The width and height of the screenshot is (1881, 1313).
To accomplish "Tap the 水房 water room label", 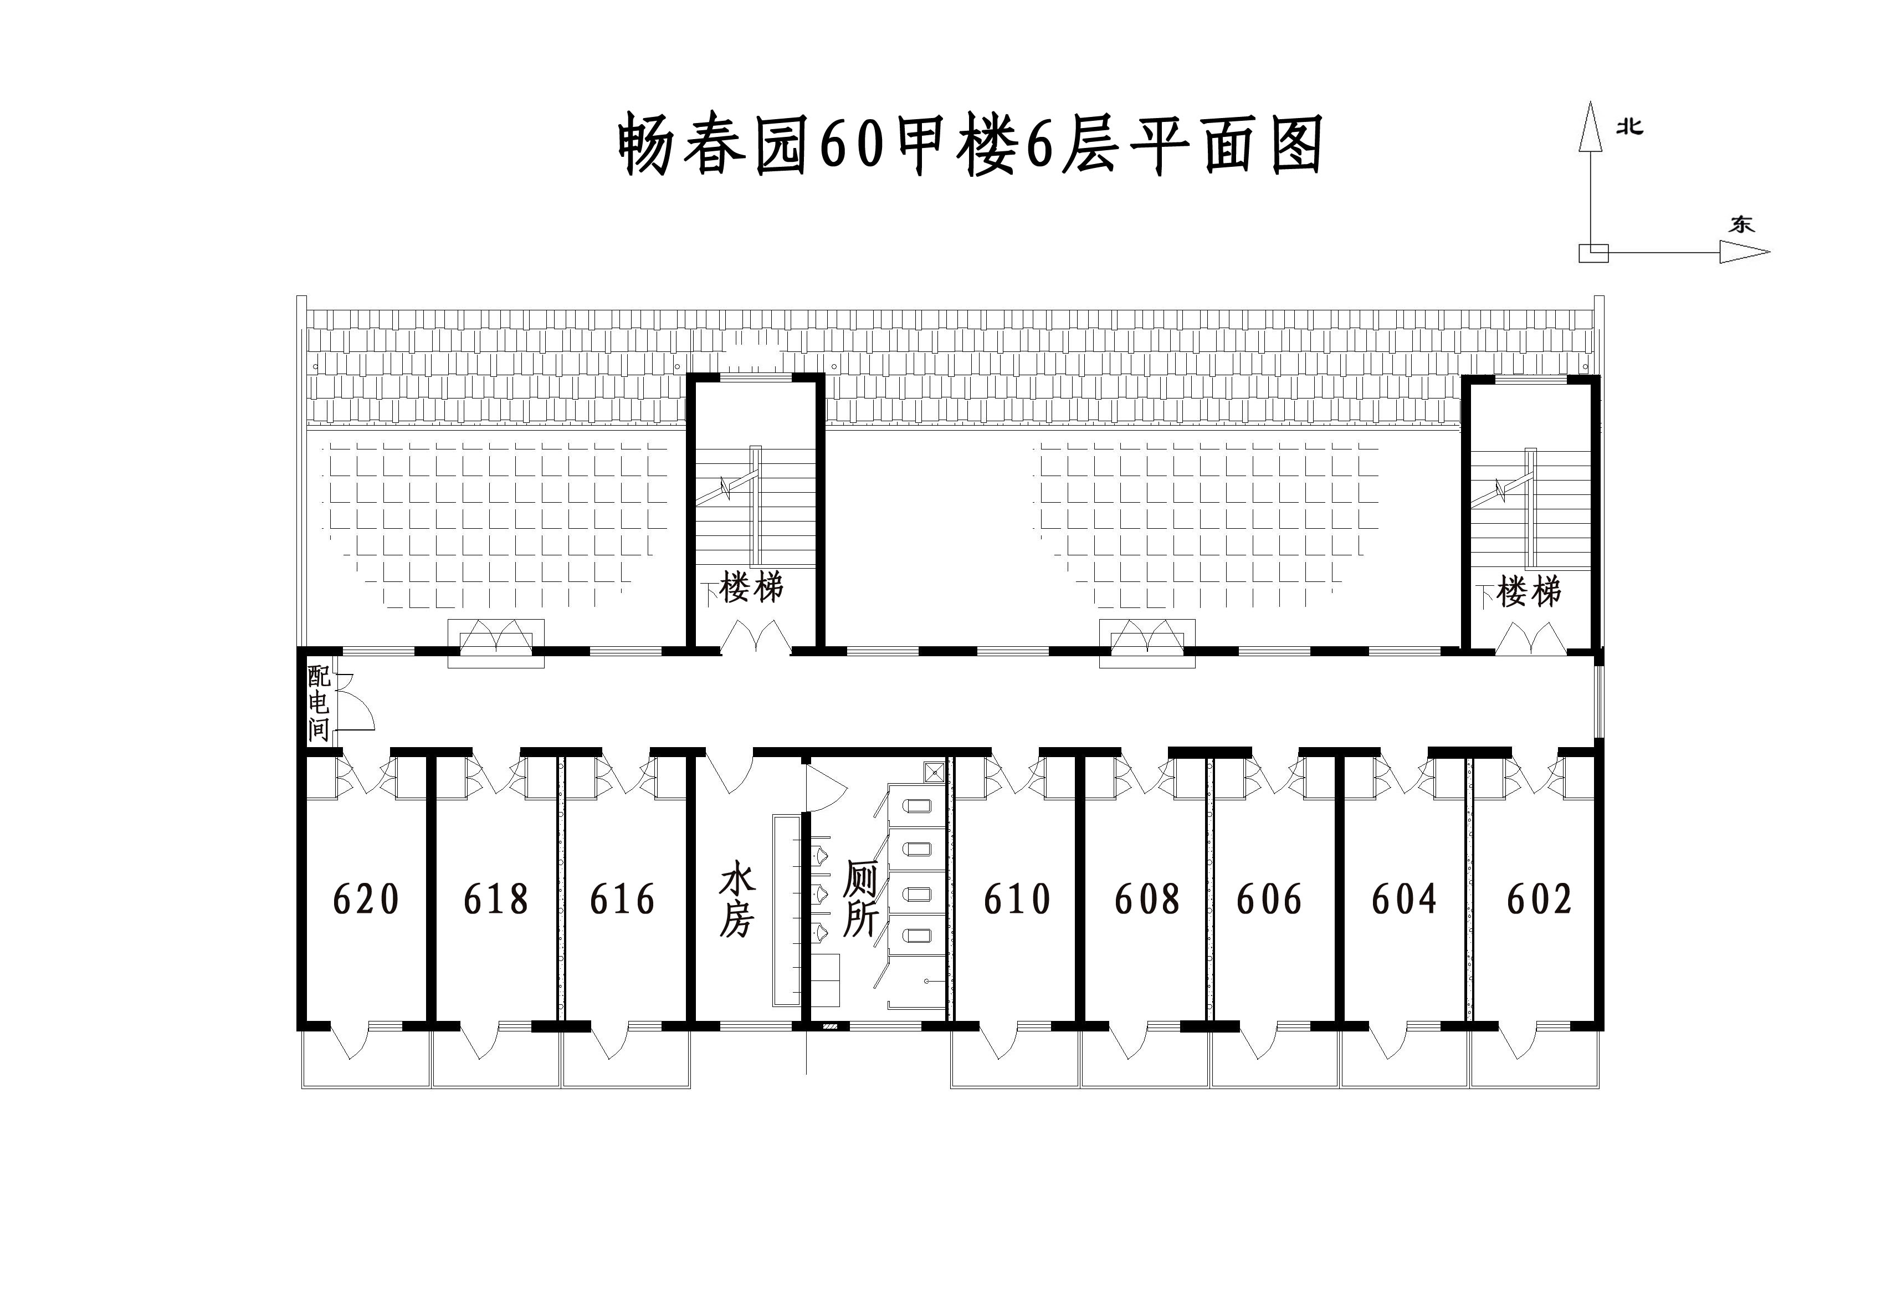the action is (x=736, y=898).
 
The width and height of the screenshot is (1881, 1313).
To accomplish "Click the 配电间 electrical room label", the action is (x=319, y=703).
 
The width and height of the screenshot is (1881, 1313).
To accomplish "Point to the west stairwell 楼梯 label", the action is (x=751, y=587).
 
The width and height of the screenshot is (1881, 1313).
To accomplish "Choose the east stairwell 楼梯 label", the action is (x=1529, y=591).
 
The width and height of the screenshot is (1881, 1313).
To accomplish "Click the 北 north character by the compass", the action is (x=1629, y=127).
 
